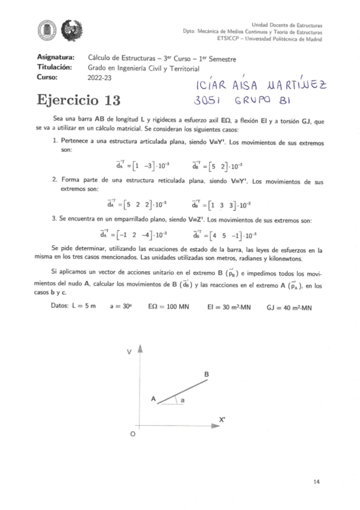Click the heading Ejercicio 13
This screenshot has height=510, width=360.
[x=78, y=100]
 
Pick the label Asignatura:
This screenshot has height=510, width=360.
[x=55, y=58]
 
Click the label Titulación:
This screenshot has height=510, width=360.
[x=55, y=67]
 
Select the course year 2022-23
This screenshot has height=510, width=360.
[x=102, y=77]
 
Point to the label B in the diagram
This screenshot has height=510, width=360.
[x=206, y=375]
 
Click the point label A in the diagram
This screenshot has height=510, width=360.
[x=153, y=399]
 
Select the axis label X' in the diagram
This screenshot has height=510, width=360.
[x=222, y=420]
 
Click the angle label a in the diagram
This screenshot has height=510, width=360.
[x=182, y=399]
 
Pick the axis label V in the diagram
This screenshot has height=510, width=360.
[x=129, y=352]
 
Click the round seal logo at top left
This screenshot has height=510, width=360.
[x=46, y=28]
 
